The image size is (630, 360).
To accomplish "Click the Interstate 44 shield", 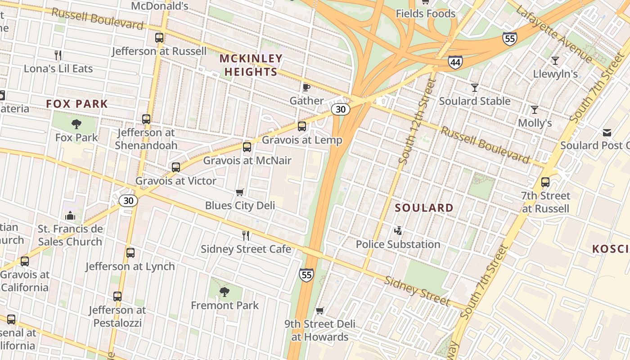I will click(x=455, y=62).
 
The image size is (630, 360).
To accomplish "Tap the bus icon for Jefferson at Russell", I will click(x=159, y=38).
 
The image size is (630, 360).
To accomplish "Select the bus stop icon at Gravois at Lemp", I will click(x=302, y=126).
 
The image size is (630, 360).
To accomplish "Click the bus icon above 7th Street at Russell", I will click(x=545, y=182).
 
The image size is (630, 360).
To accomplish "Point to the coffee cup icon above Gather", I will click(x=306, y=87).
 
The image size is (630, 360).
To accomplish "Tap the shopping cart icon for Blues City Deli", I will click(x=240, y=193).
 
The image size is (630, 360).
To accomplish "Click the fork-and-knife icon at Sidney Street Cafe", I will click(x=246, y=235).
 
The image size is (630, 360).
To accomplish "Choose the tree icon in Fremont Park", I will click(x=224, y=292).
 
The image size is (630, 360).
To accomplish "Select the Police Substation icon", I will click(x=398, y=231).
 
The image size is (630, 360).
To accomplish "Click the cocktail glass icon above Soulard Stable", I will click(x=475, y=88).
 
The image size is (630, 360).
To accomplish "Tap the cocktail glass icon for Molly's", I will click(x=535, y=110).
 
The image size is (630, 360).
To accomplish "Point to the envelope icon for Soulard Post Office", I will click(x=607, y=132).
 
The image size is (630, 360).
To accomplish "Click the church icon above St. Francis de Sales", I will click(x=70, y=216).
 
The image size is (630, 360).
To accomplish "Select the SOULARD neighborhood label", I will click(x=424, y=208).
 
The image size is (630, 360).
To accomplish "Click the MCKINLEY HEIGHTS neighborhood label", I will click(x=251, y=65).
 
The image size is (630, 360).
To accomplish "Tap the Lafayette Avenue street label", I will click(x=554, y=34).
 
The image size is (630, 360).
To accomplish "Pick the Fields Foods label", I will click(x=426, y=14).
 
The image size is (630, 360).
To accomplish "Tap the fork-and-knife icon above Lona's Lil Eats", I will click(x=58, y=55).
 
